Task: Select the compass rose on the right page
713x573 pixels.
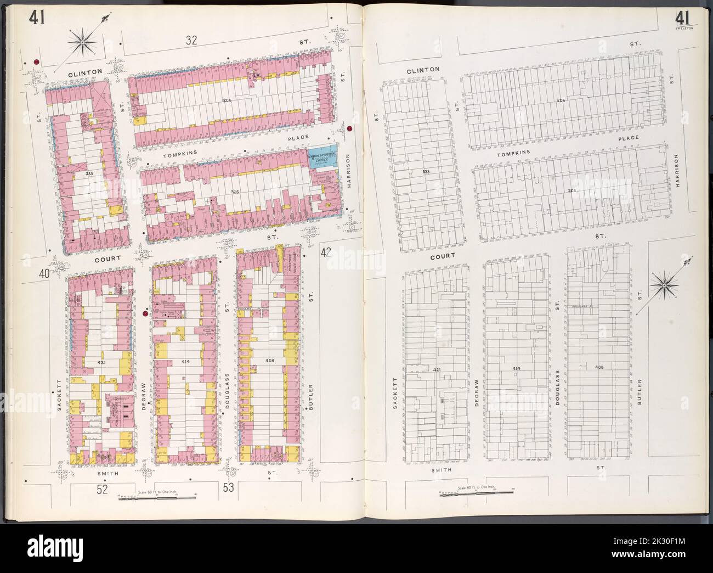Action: pos(664,285)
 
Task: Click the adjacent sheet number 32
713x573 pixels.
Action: pos(191,40)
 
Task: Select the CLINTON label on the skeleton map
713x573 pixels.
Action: pos(423,70)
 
